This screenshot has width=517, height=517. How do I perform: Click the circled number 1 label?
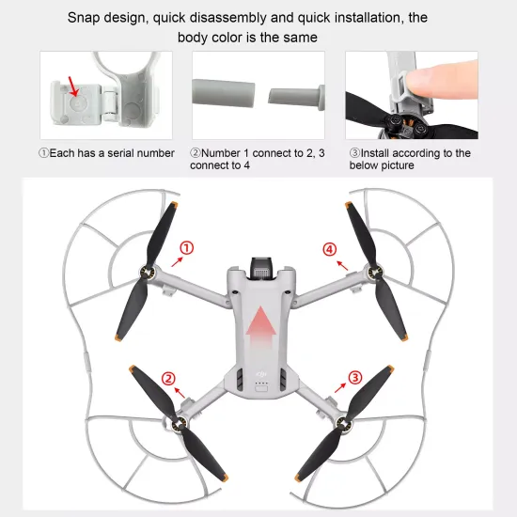(186, 247)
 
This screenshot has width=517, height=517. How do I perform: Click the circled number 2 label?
(169, 379)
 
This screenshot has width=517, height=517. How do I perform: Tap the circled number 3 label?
(354, 378)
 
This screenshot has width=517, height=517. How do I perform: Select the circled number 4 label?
(329, 249)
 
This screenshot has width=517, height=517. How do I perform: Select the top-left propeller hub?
(148, 274)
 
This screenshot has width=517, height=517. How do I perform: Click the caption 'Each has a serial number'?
(106, 153)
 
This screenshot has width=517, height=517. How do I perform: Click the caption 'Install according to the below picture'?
(409, 159)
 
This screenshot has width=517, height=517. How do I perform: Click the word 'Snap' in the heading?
(85, 17)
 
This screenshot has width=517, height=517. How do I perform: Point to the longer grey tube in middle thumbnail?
(225, 93)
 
